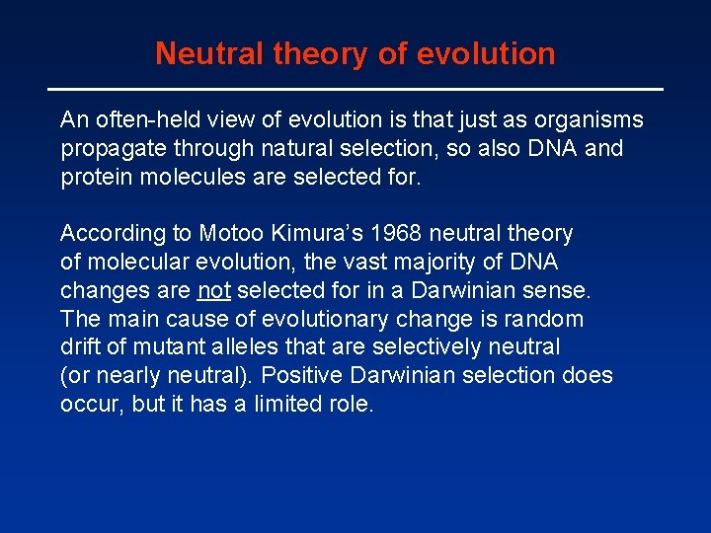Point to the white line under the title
355,90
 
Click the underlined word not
214,291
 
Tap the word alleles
237,347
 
